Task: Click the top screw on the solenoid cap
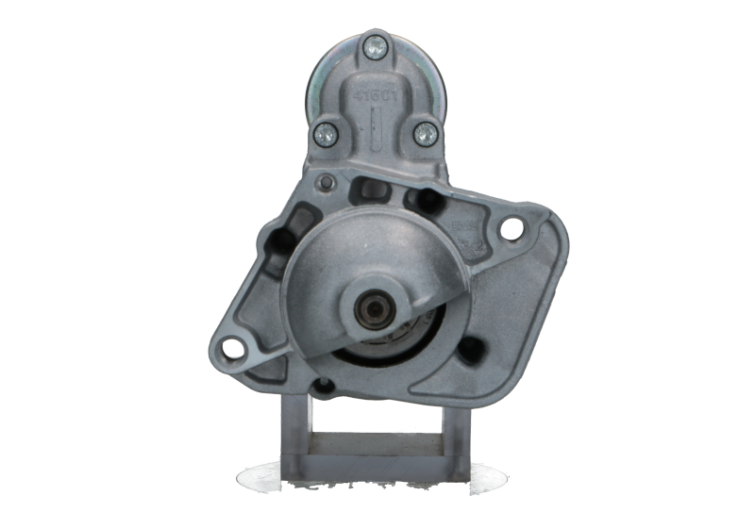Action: point(375,43)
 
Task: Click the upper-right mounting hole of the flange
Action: point(512,228)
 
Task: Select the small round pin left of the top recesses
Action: point(327,182)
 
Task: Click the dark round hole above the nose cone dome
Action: point(424,200)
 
